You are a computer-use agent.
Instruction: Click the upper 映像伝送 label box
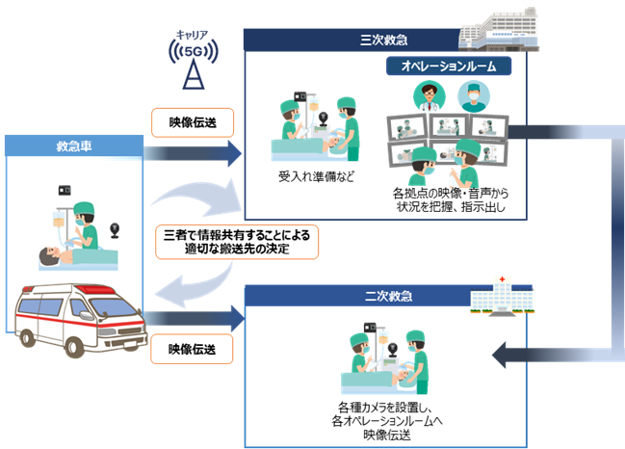point(194,121)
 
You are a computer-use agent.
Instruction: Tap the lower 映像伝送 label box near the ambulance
point(194,348)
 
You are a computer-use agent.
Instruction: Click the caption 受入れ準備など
point(309,178)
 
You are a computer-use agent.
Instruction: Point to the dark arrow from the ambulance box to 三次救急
point(192,151)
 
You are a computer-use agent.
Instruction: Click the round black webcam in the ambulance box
point(117,230)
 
